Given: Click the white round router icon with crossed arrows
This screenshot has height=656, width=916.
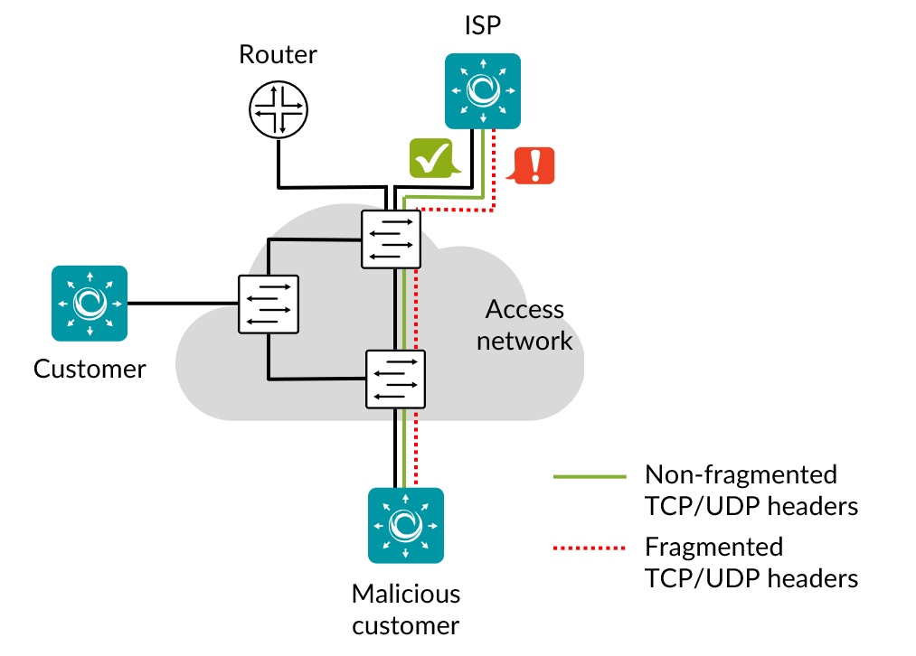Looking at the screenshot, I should tap(279, 109).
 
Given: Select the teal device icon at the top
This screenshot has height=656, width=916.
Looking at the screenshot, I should tap(483, 90).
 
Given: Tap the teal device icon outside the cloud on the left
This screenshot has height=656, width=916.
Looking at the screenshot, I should tap(90, 303).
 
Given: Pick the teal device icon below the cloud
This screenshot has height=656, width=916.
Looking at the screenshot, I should tap(406, 525).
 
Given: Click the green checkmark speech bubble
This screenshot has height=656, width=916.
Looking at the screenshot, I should tap(432, 158).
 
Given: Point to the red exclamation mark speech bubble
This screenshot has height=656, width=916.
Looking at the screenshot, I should tap(534, 165).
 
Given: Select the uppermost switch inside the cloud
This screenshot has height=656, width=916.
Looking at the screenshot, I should tap(391, 239).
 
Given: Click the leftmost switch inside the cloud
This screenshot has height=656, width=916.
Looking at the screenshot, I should tap(269, 304).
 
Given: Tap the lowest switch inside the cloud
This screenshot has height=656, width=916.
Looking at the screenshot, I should tap(395, 380).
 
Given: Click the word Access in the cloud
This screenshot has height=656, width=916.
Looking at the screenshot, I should tap(523, 309).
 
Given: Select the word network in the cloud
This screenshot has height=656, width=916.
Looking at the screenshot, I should tap(524, 341).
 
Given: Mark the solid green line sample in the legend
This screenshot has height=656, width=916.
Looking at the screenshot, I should tap(590, 476).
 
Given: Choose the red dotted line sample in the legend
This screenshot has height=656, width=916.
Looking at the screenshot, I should tap(590, 548).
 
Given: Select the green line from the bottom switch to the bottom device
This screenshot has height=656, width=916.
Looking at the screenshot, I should tap(404, 447).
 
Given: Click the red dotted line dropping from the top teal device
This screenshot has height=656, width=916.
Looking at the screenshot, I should tap(494, 172).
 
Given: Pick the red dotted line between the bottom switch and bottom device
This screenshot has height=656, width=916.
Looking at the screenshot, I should tap(416, 447).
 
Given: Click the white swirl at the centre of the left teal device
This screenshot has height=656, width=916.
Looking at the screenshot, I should tap(90, 303).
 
